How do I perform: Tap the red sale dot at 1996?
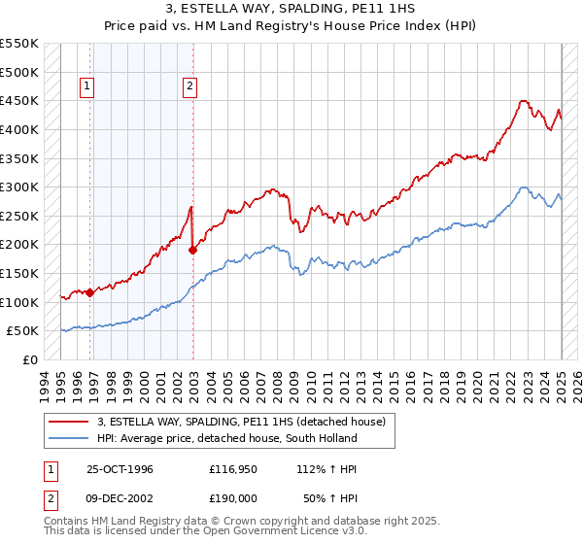(89, 291)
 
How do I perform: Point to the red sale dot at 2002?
(192, 250)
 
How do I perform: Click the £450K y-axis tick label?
(19, 100)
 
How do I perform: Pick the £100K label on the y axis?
(19, 302)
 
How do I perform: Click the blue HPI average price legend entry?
(227, 438)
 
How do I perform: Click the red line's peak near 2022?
(524, 100)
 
